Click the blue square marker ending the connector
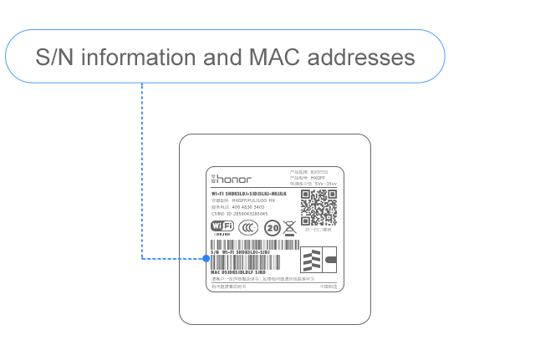pyautogui.click(x=206, y=258)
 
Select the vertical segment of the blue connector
pyautogui.click(x=141, y=167)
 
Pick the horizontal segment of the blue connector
pyautogui.click(x=171, y=258)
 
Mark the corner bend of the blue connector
pyautogui.click(x=141, y=258)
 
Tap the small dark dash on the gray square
pyautogui.click(x=222, y=234)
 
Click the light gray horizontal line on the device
pyautogui.click(x=274, y=283)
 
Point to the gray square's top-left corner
pyautogui.click(x=179, y=133)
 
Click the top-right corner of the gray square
pyautogui.click(x=371, y=133)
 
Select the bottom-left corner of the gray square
pyautogui.click(x=179, y=323)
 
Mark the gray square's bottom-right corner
pyautogui.click(x=371, y=323)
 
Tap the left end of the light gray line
pyautogui.click(x=212, y=283)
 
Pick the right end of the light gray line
pyautogui.click(x=336, y=283)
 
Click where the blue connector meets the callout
pyautogui.click(x=141, y=83)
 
